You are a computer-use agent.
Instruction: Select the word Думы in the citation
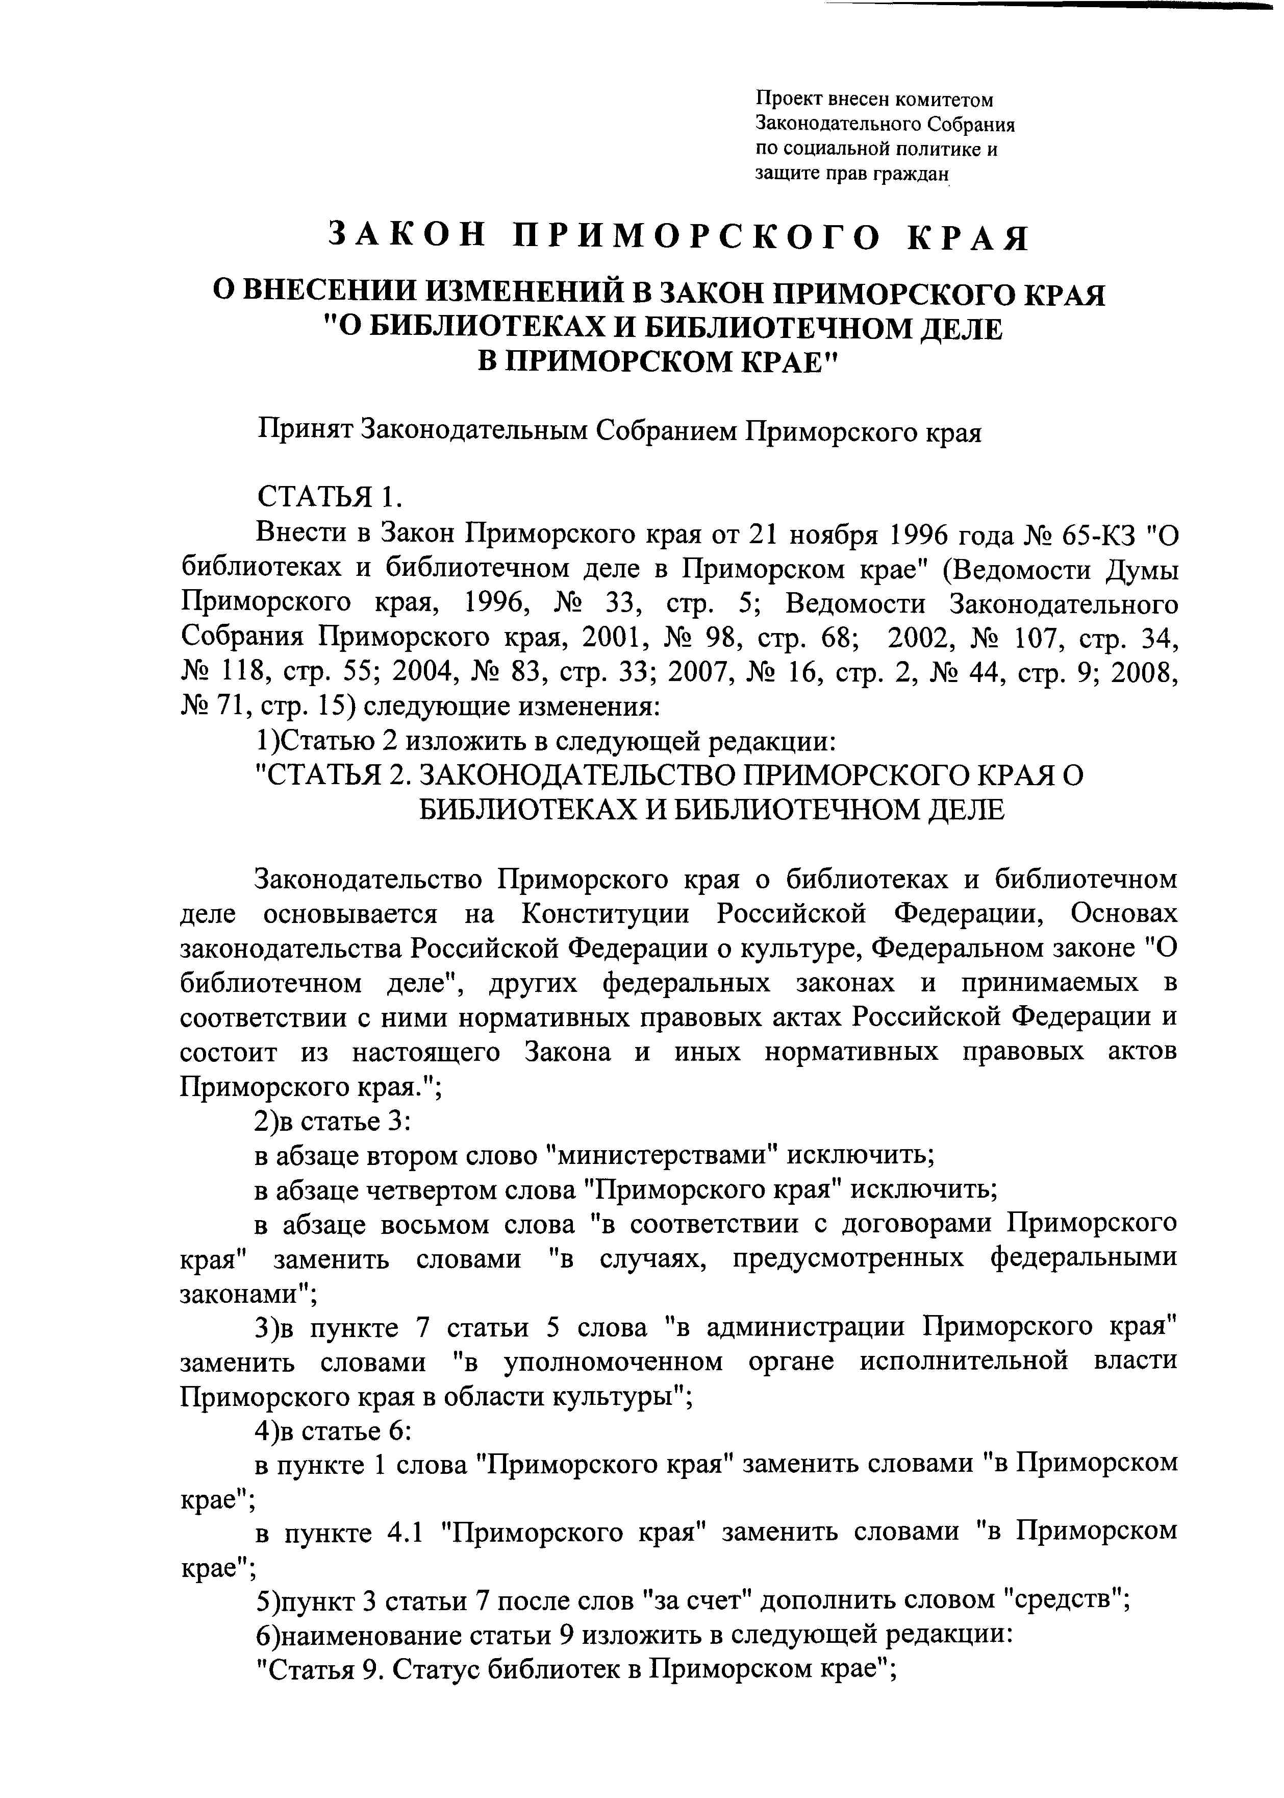1139,570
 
